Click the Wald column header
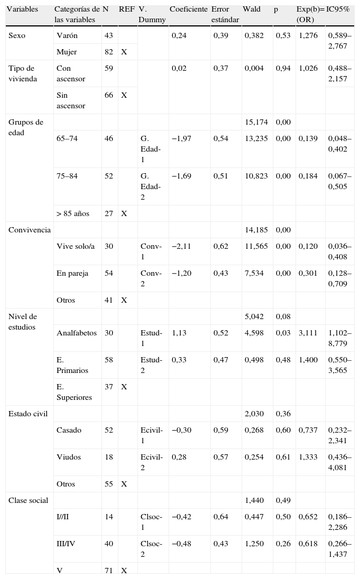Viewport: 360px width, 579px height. pyautogui.click(x=252, y=10)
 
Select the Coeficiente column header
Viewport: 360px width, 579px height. pyautogui.click(x=188, y=10)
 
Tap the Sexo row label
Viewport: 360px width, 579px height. pyautogui.click(x=17, y=35)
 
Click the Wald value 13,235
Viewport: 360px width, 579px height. pyautogui.click(x=256, y=138)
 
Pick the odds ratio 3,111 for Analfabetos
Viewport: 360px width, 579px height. pyautogui.click(x=308, y=333)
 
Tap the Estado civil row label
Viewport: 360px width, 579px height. pyautogui.click(x=28, y=414)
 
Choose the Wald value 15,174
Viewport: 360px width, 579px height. pyautogui.click(x=256, y=122)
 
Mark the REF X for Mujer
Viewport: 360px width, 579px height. pyautogui.click(x=124, y=52)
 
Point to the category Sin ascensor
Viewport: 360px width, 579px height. pyautogui.click(x=71, y=100)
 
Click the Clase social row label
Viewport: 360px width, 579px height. pyautogui.click(x=28, y=500)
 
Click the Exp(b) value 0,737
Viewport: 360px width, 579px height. pyautogui.click(x=308, y=430)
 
